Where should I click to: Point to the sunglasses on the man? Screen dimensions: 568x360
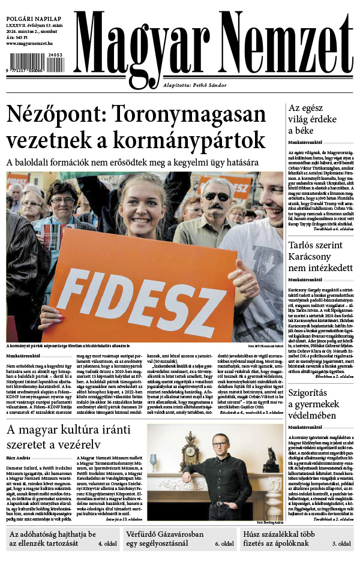point(217,196)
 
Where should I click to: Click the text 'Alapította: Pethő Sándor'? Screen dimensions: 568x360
point(195,85)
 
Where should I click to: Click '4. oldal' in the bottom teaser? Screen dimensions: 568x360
point(107,544)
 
